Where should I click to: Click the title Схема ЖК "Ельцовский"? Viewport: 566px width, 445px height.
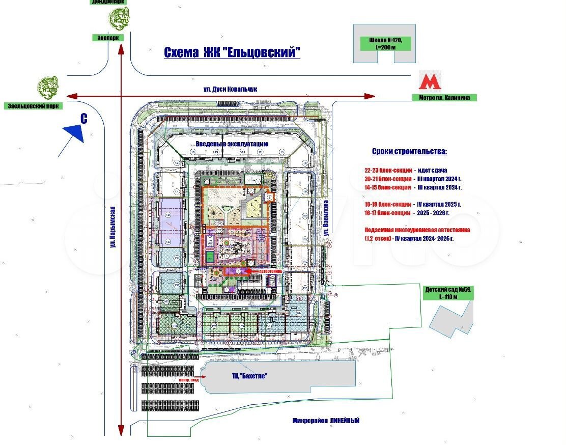(232, 52)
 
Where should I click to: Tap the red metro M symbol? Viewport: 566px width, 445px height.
(430, 81)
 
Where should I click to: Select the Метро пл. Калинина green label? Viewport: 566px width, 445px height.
(444, 98)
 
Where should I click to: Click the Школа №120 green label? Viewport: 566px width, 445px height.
(385, 43)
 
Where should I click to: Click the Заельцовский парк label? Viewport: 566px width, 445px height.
(33, 106)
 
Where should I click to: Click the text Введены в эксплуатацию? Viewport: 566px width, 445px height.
(232, 144)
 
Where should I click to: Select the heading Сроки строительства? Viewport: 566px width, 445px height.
(409, 152)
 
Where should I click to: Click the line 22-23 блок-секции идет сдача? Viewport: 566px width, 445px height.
(406, 171)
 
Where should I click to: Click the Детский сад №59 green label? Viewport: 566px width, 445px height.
(448, 293)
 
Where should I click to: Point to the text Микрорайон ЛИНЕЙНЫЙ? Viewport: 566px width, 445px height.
(326, 421)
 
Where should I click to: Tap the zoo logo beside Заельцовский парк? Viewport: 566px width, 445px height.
(48, 87)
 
